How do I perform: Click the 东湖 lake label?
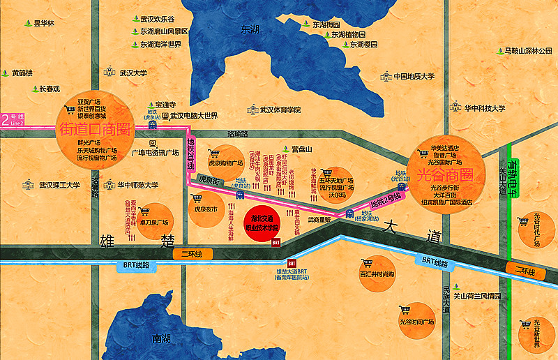(x=250, y=29)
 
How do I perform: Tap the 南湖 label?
(x=161, y=339)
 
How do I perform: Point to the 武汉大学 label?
(x=133, y=72)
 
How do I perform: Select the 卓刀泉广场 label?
(x=154, y=223)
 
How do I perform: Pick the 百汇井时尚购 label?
(x=377, y=274)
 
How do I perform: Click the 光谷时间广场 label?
(x=416, y=322)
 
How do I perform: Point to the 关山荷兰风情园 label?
(x=478, y=296)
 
